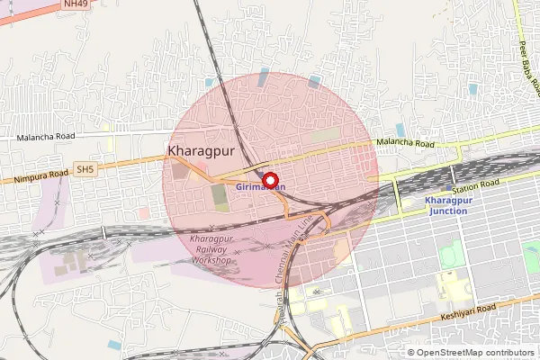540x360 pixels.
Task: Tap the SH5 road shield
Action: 85,168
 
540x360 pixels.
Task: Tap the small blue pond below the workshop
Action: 114,344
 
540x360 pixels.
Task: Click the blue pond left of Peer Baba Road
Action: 400,130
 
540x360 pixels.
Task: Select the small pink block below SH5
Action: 144,213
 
